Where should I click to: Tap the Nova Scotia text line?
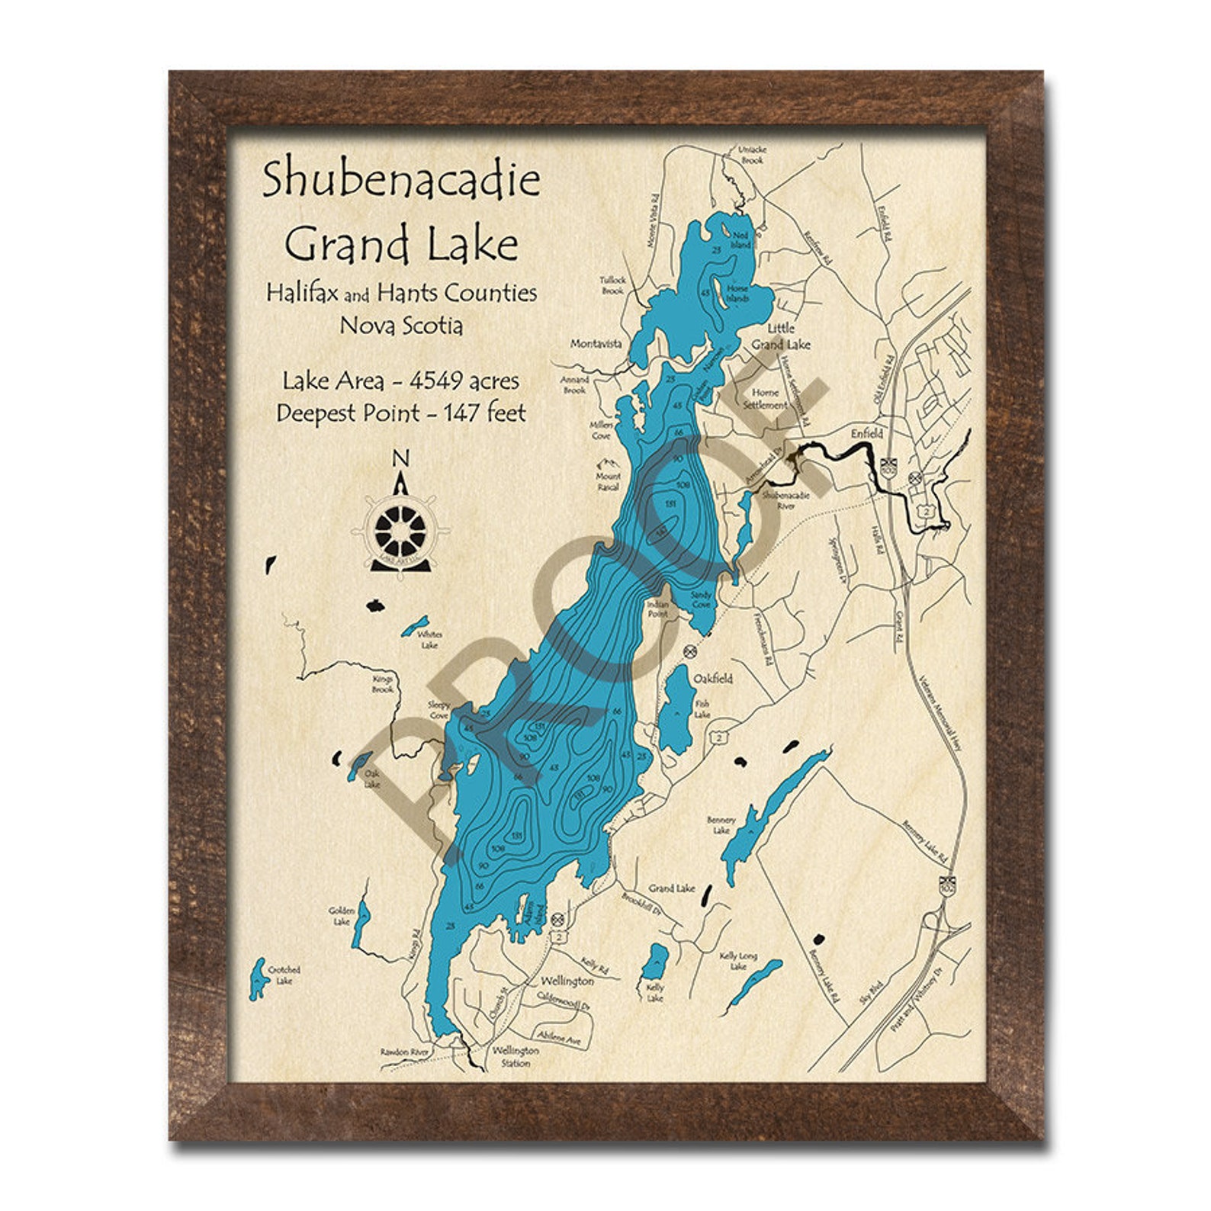(401, 326)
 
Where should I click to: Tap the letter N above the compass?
(400, 459)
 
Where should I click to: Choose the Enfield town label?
(867, 433)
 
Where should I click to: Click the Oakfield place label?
(712, 678)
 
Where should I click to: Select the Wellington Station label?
(516, 1056)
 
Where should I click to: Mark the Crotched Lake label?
(284, 975)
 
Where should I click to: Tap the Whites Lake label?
(430, 640)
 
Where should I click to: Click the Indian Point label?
(657, 609)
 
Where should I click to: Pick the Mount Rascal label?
(608, 481)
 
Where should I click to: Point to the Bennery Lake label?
(721, 825)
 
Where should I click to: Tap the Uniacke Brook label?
(751, 156)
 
